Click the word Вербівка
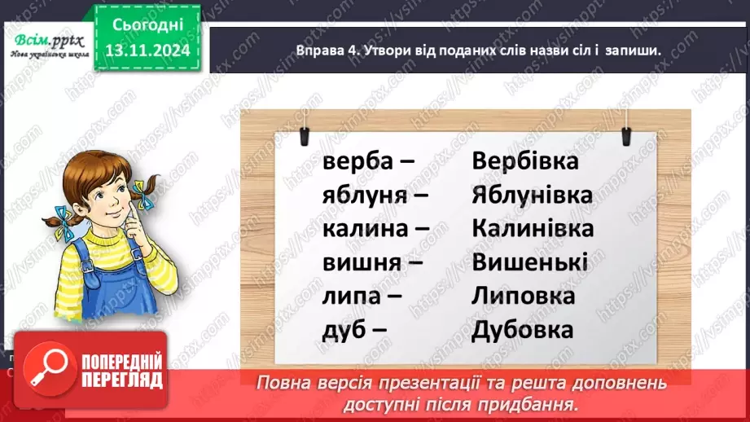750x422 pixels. tap(524, 160)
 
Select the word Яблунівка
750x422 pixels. tap(532, 195)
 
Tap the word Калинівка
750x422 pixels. tap(532, 228)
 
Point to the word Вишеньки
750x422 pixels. tap(529, 262)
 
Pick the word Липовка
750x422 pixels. tap(523, 296)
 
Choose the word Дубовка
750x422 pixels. tap(522, 330)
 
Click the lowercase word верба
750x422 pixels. tap(356, 160)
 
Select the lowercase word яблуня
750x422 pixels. tap(363, 195)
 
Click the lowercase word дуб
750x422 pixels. tap(342, 330)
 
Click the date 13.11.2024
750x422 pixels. tap(147, 51)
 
